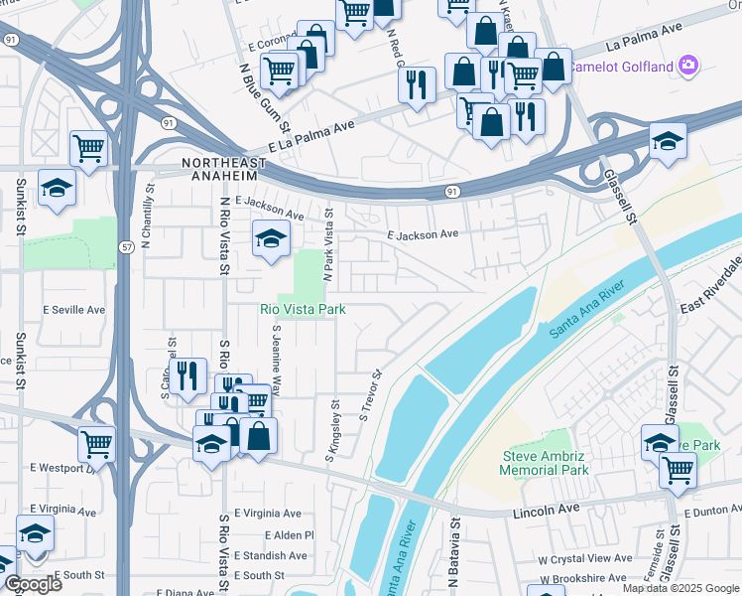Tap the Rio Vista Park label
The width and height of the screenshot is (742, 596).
coord(303,310)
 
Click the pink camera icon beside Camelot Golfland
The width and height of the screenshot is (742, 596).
coord(689,67)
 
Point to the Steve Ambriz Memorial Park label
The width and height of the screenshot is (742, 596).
coord(546,463)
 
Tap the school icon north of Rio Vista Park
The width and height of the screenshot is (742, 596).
coord(270,238)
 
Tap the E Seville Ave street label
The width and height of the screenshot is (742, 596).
coord(73,310)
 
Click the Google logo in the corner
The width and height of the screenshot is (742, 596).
coord(32,584)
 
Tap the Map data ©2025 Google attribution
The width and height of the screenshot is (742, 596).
coord(679,588)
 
